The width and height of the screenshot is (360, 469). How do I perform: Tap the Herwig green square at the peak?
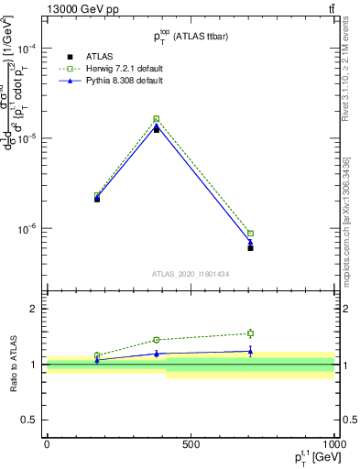pyautogui.click(x=157, y=119)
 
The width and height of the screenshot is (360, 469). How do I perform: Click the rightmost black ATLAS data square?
pyautogui.click(x=250, y=248)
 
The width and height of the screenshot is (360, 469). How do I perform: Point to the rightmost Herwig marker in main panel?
pyautogui.click(x=250, y=233)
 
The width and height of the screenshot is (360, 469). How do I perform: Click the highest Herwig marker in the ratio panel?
pyautogui.click(x=250, y=333)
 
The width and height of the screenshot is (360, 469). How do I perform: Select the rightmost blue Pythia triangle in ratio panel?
pyautogui.click(x=250, y=351)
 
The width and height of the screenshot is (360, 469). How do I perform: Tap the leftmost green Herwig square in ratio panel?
pyautogui.click(x=97, y=355)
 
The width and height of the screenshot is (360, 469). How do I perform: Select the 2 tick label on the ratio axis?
pyautogui.click(x=34, y=310)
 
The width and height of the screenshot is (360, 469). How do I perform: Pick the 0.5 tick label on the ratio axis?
pyautogui.click(x=29, y=420)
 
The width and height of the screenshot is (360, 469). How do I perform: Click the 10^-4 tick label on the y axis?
pyautogui.click(x=26, y=49)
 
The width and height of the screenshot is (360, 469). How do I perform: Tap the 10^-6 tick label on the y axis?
pyautogui.click(x=26, y=228)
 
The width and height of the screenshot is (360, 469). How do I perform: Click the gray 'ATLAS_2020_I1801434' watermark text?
pyautogui.click(x=191, y=274)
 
